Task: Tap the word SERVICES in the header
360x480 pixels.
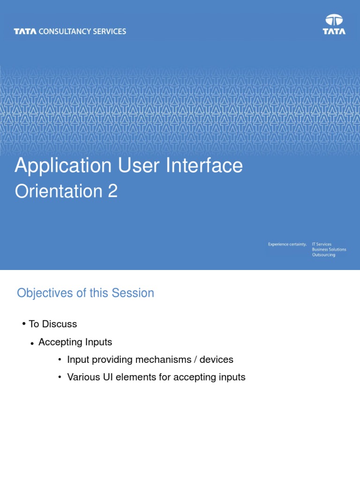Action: click(x=109, y=31)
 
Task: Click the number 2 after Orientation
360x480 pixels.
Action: click(x=112, y=192)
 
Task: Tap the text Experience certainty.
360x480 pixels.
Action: click(x=287, y=244)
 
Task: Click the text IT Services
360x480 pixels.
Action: click(x=322, y=244)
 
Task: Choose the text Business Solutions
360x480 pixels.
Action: click(x=329, y=249)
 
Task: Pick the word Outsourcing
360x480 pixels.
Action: click(x=323, y=255)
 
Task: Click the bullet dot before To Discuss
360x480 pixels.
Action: click(x=23, y=324)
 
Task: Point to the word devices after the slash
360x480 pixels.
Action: click(x=217, y=360)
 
